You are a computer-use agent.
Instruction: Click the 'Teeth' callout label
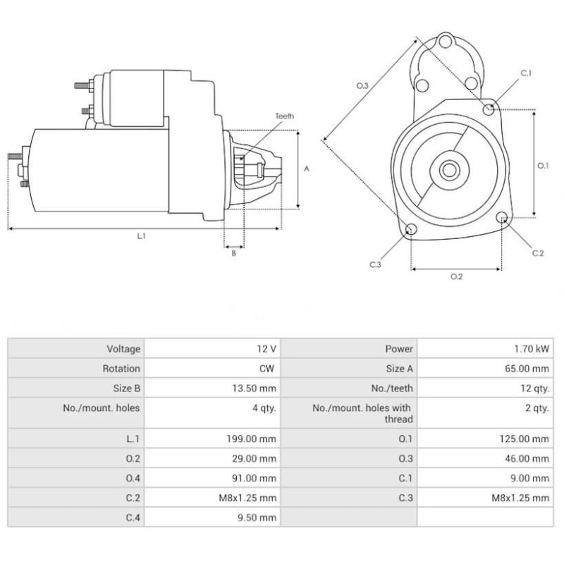pyautogui.click(x=285, y=116)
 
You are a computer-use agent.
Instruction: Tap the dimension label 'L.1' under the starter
pyautogui.click(x=141, y=236)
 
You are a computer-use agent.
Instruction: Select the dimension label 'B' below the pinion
pyautogui.click(x=234, y=254)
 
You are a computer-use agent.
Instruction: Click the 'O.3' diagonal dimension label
pyautogui.click(x=362, y=85)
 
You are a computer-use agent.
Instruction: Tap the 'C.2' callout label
pyautogui.click(x=538, y=253)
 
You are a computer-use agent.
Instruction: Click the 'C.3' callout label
pyautogui.click(x=375, y=264)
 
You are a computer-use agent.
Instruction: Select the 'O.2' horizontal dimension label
pyautogui.click(x=456, y=276)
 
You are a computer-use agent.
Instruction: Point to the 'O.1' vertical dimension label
pyautogui.click(x=543, y=166)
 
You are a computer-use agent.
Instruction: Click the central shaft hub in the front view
pyautogui.click(x=448, y=170)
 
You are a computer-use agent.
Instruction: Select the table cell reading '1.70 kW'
pyautogui.click(x=534, y=349)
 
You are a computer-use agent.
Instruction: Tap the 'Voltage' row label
pyautogui.click(x=123, y=349)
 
